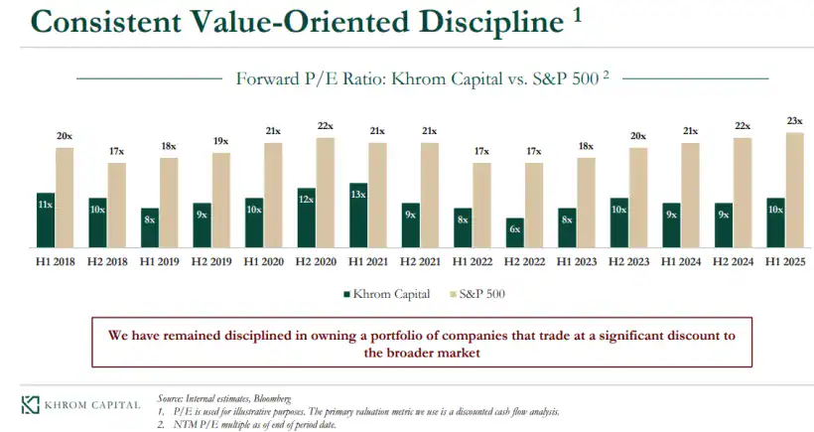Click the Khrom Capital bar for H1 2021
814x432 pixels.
coord(358,215)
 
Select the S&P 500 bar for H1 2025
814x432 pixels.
coord(794,190)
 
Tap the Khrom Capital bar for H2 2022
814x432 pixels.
coord(514,232)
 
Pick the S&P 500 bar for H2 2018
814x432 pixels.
coord(116,205)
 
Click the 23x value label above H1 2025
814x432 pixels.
coord(794,121)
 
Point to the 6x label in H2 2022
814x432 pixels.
coord(514,229)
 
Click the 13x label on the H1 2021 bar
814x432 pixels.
coord(358,195)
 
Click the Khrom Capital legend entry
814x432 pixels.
coord(387,293)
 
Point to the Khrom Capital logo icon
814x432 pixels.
coord(31,404)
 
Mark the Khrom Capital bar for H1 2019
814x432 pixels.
coord(149,227)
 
